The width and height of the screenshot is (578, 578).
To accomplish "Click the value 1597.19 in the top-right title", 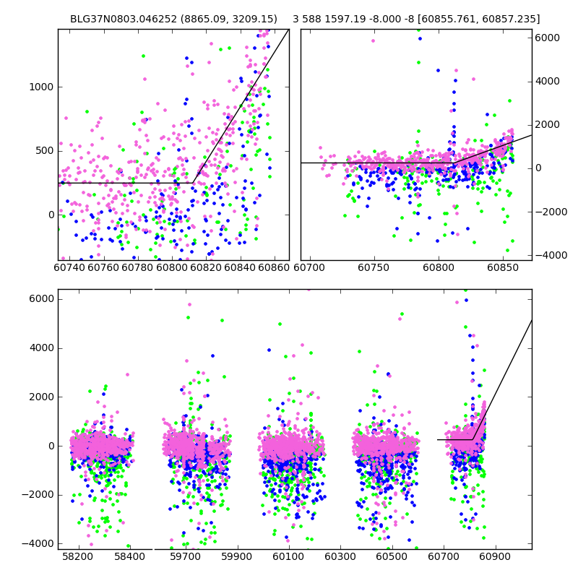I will pyautogui.click(x=345, y=20).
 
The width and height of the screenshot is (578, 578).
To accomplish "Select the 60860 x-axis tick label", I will pyautogui.click(x=275, y=268).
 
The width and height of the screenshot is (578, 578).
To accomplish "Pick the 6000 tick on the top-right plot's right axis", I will pyautogui.click(x=548, y=38).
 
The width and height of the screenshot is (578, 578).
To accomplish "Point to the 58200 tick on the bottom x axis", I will pyautogui.click(x=77, y=557).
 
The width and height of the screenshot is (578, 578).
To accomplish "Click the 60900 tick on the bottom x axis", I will pyautogui.click(x=495, y=557).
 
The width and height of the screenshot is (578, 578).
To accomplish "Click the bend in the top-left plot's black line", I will pyautogui.click(x=193, y=183).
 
